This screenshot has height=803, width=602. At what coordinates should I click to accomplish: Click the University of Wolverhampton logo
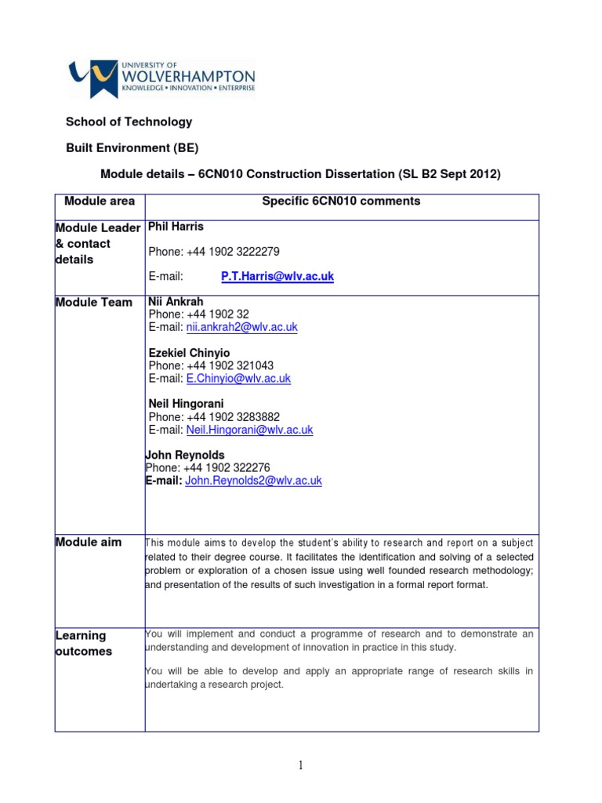tap(161, 78)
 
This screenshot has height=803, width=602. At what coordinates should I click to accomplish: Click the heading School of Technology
tap(128, 122)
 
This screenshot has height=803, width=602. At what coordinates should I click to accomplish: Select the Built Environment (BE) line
tap(131, 147)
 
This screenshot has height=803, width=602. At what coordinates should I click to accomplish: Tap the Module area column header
tap(100, 202)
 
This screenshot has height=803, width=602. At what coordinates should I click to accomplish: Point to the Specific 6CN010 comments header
tap(341, 202)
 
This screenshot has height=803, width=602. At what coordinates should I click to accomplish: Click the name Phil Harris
tap(176, 227)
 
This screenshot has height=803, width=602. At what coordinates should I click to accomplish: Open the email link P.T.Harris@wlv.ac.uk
tap(277, 277)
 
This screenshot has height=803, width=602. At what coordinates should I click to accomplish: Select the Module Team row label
tap(94, 303)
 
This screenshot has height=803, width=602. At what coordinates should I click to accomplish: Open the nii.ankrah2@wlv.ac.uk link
tap(241, 327)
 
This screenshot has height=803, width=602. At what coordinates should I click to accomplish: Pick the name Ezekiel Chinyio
tap(189, 353)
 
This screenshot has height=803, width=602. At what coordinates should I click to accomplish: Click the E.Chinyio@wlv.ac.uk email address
tap(238, 378)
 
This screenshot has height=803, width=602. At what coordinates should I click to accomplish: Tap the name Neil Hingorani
tap(186, 404)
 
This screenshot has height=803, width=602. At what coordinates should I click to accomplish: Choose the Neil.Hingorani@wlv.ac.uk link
tap(249, 430)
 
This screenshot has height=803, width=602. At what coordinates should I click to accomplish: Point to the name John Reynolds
tap(185, 455)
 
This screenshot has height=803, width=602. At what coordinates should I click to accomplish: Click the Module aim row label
tap(89, 542)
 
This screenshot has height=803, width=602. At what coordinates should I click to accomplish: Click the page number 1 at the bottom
tap(300, 766)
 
